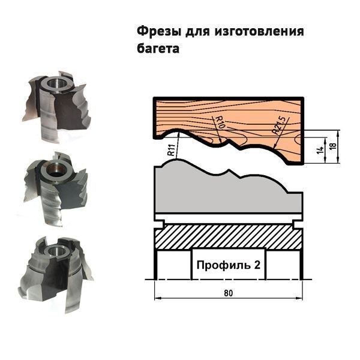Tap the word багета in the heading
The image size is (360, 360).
[x=158, y=49]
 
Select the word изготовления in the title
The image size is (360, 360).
[x=259, y=31]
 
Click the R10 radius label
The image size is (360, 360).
[x=221, y=122]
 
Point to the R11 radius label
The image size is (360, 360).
[x=172, y=150]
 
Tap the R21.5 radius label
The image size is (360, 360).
[x=279, y=125]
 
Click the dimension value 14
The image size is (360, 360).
[x=320, y=150]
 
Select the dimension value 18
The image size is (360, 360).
[x=332, y=146]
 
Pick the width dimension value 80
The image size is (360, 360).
[x=228, y=293]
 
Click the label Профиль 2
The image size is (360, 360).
[x=229, y=265]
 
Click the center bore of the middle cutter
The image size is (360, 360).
[x=55, y=170]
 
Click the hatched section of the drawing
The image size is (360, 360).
[x=229, y=236]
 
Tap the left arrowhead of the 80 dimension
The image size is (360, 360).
[x=157, y=298]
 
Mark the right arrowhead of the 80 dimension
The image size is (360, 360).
[x=299, y=298]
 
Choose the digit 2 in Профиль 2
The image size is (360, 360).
[x=257, y=265]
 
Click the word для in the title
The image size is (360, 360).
[x=197, y=32]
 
